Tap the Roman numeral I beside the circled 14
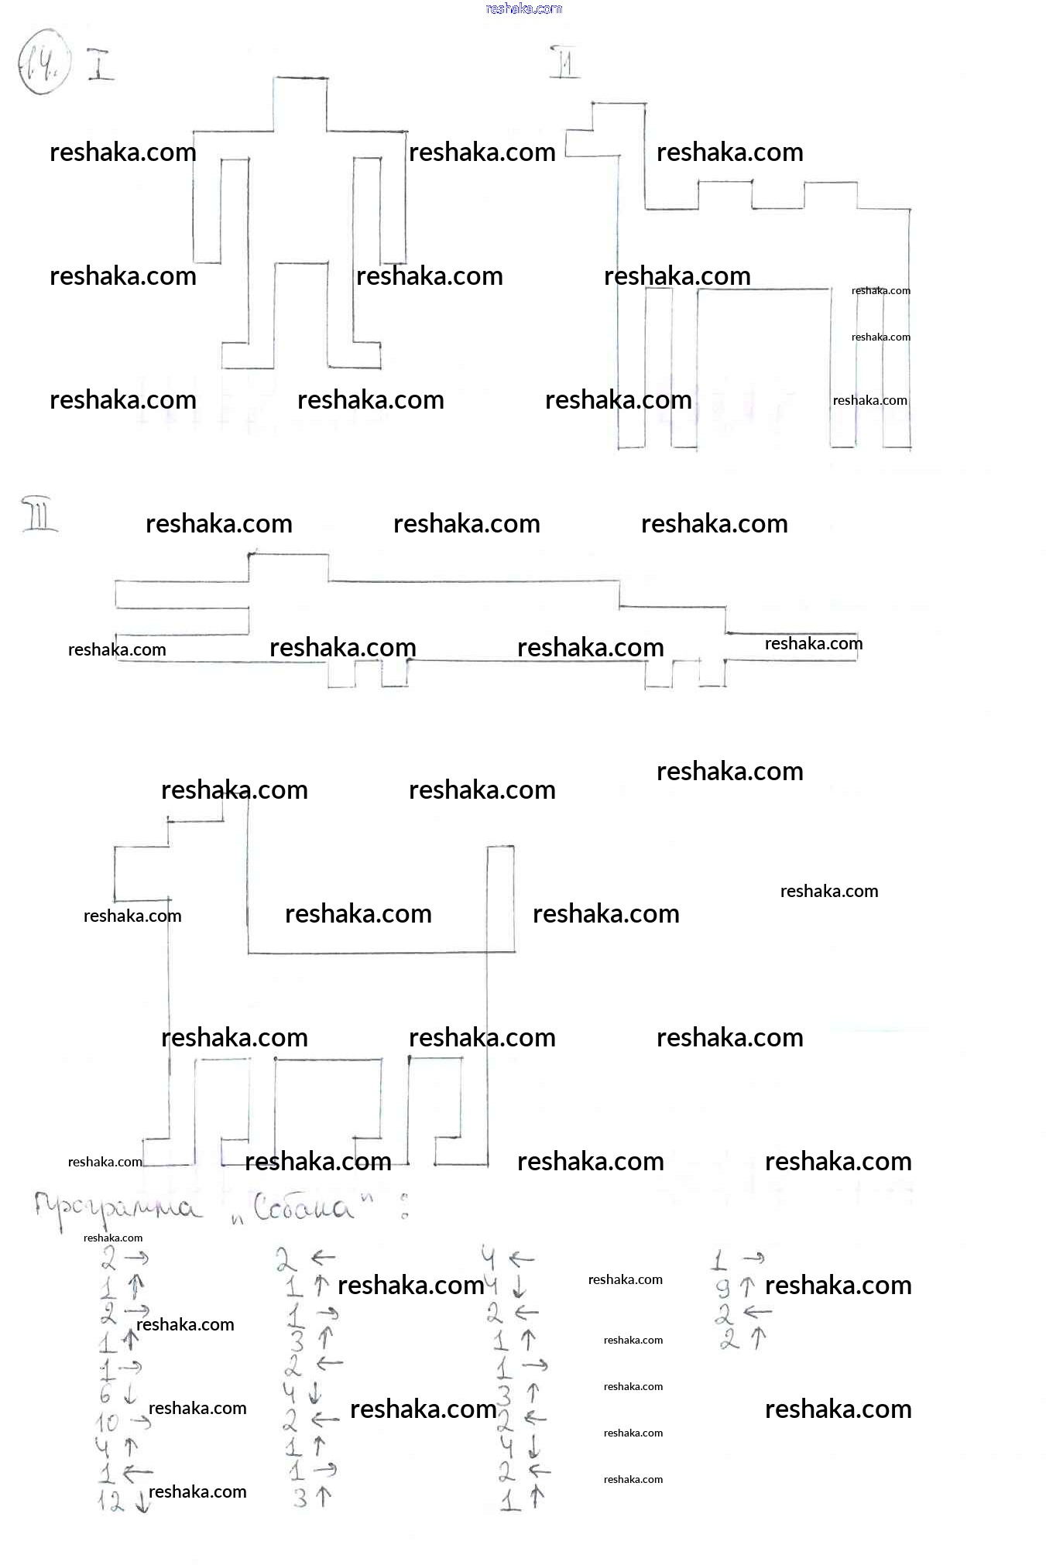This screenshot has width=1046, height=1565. (99, 65)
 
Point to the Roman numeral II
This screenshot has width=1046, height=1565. (564, 62)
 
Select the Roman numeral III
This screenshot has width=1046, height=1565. (39, 515)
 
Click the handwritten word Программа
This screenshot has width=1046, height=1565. (116, 1208)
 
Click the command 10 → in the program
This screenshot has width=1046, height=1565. (122, 1422)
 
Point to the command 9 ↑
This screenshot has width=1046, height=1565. (735, 1287)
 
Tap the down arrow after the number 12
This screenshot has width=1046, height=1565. (142, 1502)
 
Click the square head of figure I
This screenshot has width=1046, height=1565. (300, 104)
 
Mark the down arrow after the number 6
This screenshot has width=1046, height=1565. (130, 1395)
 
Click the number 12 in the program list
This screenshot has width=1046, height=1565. (111, 1502)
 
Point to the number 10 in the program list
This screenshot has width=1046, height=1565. (107, 1423)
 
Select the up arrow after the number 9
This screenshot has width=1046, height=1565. (747, 1287)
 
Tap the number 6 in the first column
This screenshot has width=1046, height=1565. (106, 1395)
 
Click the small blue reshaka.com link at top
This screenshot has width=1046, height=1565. (523, 9)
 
